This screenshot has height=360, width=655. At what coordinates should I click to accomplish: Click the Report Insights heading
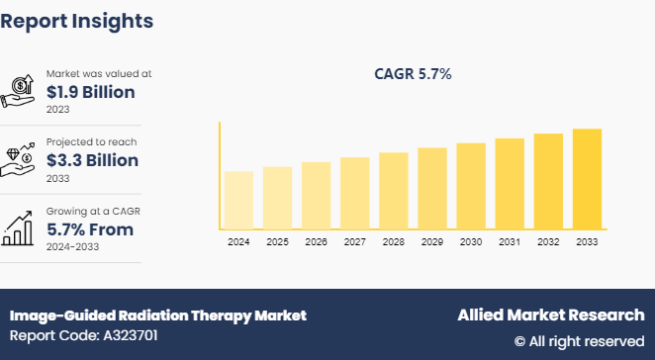pyautogui.click(x=77, y=20)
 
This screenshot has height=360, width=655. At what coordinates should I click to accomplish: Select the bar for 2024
pyautogui.click(x=238, y=200)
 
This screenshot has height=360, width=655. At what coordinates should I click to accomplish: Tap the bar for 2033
pyautogui.click(x=587, y=179)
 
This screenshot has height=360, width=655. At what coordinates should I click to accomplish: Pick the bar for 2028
pyautogui.click(x=394, y=190)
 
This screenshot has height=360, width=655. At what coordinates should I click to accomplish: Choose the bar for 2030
pyautogui.click(x=471, y=186)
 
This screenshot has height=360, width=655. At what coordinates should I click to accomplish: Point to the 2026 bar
pyautogui.click(x=316, y=195)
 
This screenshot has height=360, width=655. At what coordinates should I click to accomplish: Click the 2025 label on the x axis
pyautogui.click(x=277, y=242)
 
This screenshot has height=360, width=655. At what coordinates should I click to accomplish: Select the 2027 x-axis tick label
pyautogui.click(x=354, y=242)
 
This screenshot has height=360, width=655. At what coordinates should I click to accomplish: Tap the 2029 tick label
pyautogui.click(x=432, y=242)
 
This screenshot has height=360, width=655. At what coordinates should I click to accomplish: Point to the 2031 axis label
pyautogui.click(x=510, y=242)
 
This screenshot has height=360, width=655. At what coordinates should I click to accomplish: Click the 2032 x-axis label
pyautogui.click(x=548, y=242)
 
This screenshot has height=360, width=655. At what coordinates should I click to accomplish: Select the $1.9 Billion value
pyautogui.click(x=91, y=92)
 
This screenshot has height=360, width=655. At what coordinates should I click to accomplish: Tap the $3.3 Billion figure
pyautogui.click(x=92, y=160)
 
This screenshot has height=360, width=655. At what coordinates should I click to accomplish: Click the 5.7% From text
pyautogui.click(x=90, y=229)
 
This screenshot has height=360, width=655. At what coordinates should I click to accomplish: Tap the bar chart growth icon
pyautogui.click(x=20, y=227)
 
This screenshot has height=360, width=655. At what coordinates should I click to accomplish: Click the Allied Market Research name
pyautogui.click(x=550, y=315)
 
